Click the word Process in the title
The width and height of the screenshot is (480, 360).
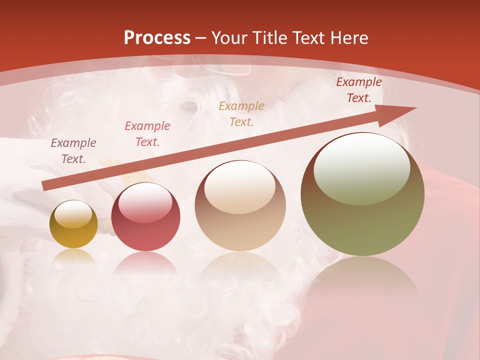click(x=157, y=38)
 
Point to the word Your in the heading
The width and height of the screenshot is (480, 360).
click(x=228, y=38)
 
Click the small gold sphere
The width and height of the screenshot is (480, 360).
click(x=73, y=224)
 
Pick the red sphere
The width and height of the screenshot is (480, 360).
click(x=145, y=217)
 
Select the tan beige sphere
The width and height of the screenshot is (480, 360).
click(x=240, y=205)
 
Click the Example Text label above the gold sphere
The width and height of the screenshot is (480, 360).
click(x=73, y=151)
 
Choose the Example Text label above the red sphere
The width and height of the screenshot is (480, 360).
click(x=147, y=134)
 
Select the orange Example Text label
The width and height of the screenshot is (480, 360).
click(x=241, y=113)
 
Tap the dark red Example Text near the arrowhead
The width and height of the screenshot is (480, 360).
click(x=359, y=90)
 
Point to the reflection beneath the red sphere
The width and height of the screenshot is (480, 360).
click(x=145, y=264)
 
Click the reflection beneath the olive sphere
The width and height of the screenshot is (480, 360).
click(x=362, y=280)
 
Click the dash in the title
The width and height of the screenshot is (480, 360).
click(x=201, y=38)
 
